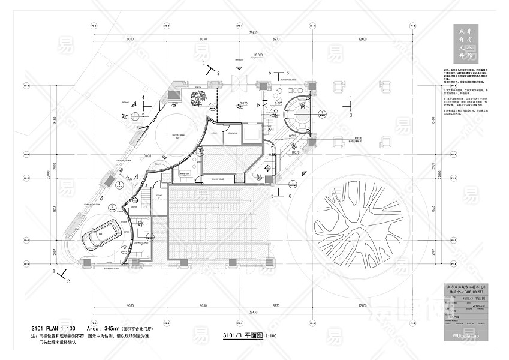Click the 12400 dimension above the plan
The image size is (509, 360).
[x=359, y=39]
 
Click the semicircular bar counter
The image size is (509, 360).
[x=297, y=112]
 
